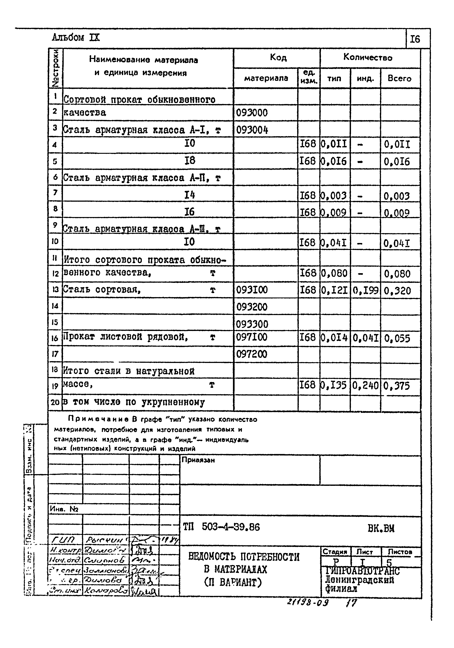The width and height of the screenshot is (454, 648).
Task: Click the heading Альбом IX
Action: pos(76,37)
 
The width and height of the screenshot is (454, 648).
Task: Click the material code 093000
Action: pos(252,113)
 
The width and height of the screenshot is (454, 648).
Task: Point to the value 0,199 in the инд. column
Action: pos(365,290)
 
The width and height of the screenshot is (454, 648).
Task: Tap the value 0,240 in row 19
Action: pos(365,385)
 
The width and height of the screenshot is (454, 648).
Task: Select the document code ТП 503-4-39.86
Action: pos(221,527)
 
